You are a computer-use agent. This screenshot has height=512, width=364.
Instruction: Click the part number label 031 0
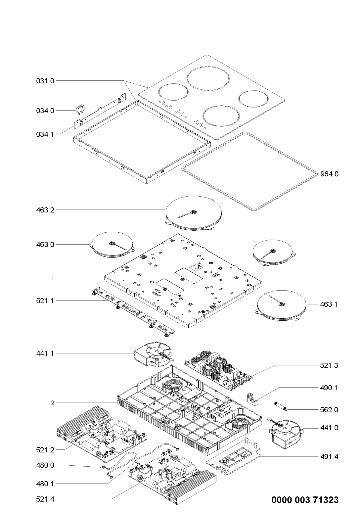click(x=45, y=81)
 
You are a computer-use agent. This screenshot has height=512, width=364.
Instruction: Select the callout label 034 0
click(x=45, y=111)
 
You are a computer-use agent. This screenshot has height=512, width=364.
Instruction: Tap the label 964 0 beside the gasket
click(x=329, y=174)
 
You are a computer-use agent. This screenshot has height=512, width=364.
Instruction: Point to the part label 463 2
click(x=45, y=210)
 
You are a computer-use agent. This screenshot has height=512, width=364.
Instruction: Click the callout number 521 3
click(x=329, y=366)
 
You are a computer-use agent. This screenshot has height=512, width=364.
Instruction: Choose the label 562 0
click(x=329, y=410)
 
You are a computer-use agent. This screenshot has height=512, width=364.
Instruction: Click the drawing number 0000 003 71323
click(x=305, y=500)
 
